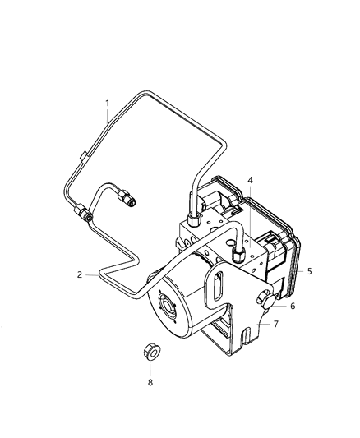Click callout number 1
point(107,104)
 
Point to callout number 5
point(309,270)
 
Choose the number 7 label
point(275,324)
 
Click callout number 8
point(150,382)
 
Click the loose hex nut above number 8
point(150,352)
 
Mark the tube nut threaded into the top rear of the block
point(192,219)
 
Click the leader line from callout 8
point(150,367)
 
